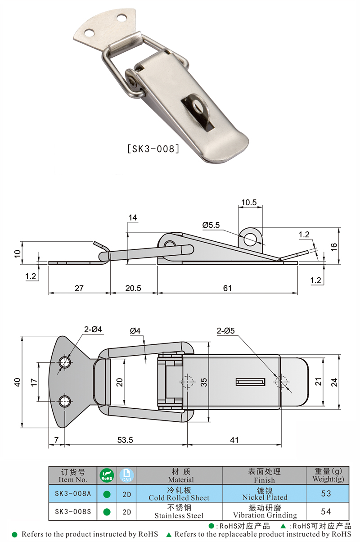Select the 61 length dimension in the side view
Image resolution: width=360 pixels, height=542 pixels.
(x=227, y=288)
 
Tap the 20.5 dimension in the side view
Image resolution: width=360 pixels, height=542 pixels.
(x=134, y=288)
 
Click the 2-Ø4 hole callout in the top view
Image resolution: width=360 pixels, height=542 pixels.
(x=93, y=330)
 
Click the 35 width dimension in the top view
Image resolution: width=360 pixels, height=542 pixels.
(x=204, y=382)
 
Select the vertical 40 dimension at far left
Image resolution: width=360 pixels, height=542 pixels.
(x=17, y=382)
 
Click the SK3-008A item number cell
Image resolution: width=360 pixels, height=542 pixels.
(x=73, y=494)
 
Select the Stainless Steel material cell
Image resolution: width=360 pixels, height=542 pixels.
(x=179, y=512)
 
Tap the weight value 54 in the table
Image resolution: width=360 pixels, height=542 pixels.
(x=326, y=512)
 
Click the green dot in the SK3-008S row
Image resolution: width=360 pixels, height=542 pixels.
(x=107, y=512)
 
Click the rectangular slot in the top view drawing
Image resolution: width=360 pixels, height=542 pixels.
(x=250, y=382)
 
